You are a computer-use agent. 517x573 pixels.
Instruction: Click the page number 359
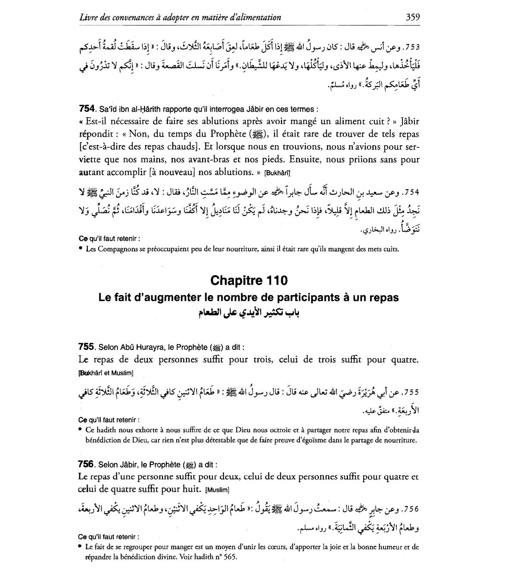(x=412, y=17)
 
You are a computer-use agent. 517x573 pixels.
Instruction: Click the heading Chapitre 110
(x=249, y=280)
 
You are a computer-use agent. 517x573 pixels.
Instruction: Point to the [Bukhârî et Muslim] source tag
(x=106, y=373)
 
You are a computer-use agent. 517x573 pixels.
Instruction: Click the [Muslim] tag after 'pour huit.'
(x=218, y=490)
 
